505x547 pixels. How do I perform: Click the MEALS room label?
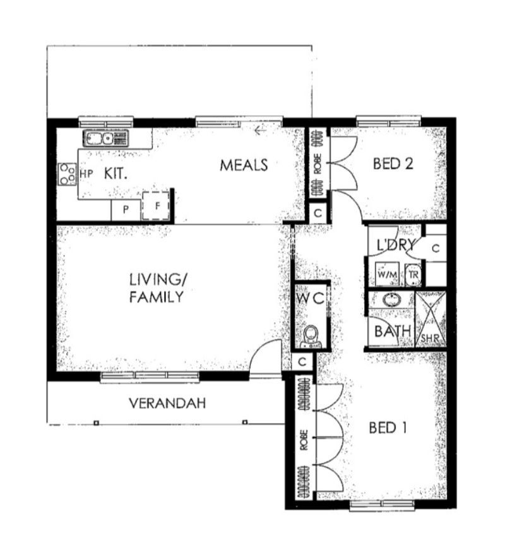tap(244, 165)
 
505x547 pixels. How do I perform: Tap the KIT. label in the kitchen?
tap(116, 174)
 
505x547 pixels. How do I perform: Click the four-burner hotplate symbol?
tap(67, 174)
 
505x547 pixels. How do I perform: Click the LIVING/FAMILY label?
tap(157, 287)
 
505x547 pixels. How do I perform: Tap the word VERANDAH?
tap(167, 403)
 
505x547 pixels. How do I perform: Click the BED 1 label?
tap(387, 428)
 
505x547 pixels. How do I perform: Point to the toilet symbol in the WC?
tap(311, 337)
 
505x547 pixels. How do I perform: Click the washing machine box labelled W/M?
tap(386, 275)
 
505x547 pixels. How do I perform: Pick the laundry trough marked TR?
tap(413, 275)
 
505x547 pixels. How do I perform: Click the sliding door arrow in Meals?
tap(259, 131)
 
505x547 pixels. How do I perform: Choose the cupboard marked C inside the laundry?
tap(435, 248)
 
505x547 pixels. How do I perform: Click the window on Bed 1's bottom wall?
tap(382, 504)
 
